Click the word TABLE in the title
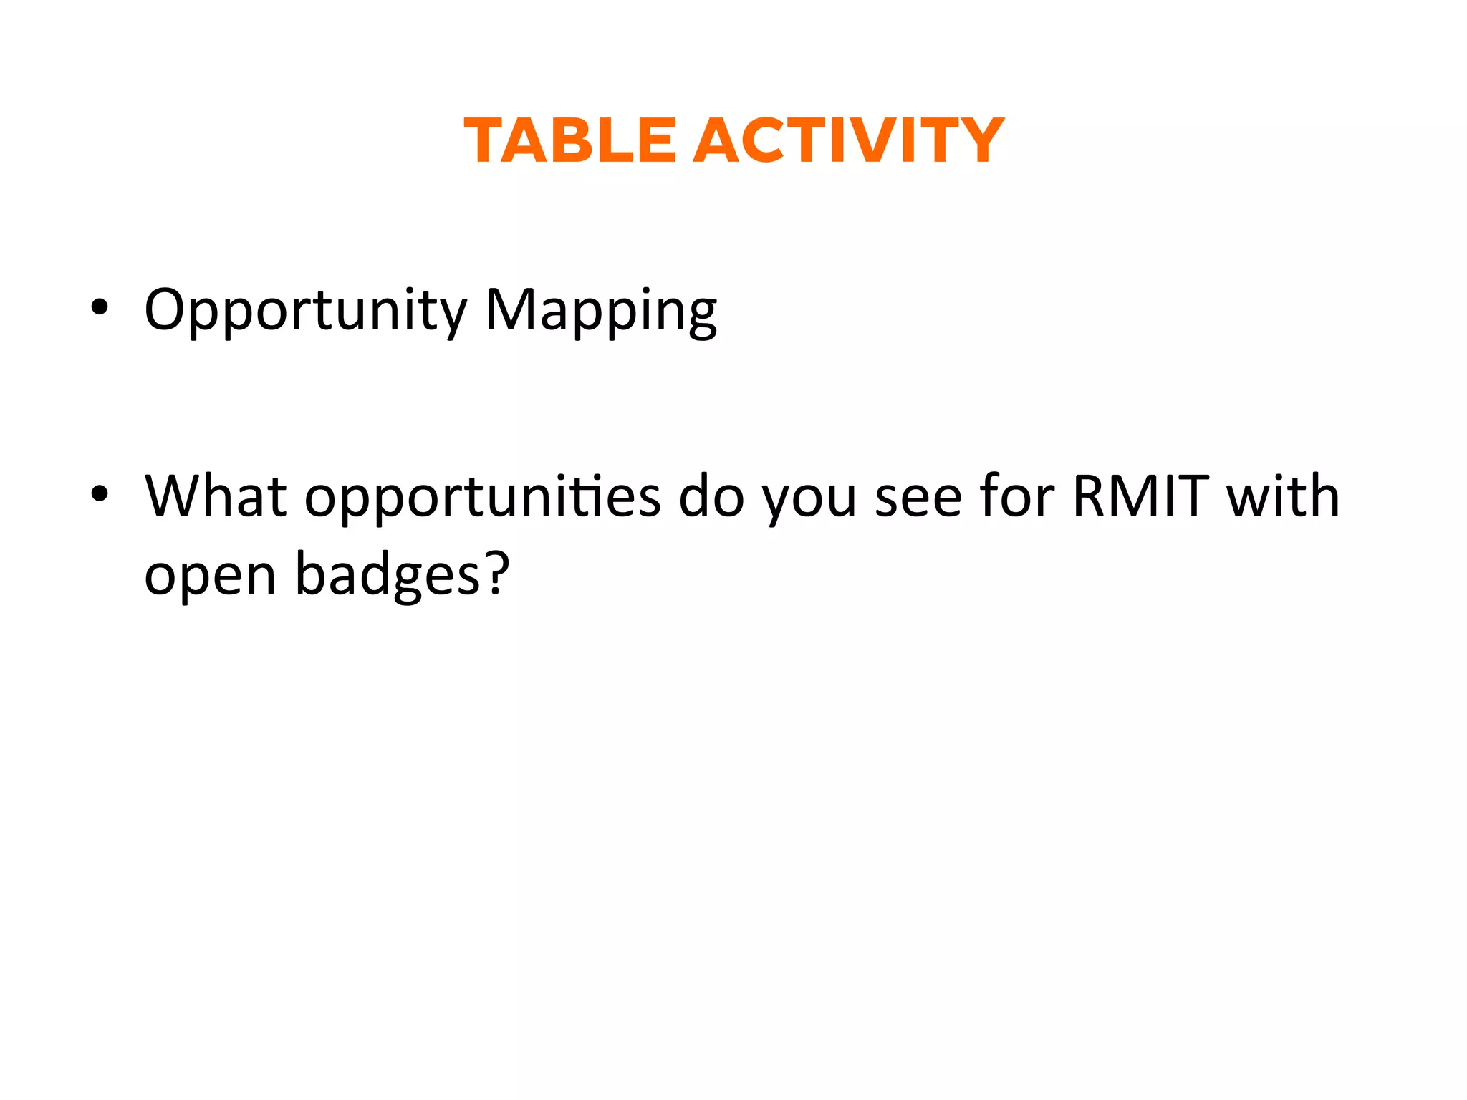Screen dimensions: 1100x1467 570,141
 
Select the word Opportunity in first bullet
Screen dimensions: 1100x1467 305,312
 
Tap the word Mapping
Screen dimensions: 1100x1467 600,312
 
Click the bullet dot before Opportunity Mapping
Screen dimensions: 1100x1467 100,308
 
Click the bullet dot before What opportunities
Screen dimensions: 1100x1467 100,494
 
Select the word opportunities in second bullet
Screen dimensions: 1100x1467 482,498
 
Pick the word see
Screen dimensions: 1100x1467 918,498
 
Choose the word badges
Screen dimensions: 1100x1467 388,574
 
